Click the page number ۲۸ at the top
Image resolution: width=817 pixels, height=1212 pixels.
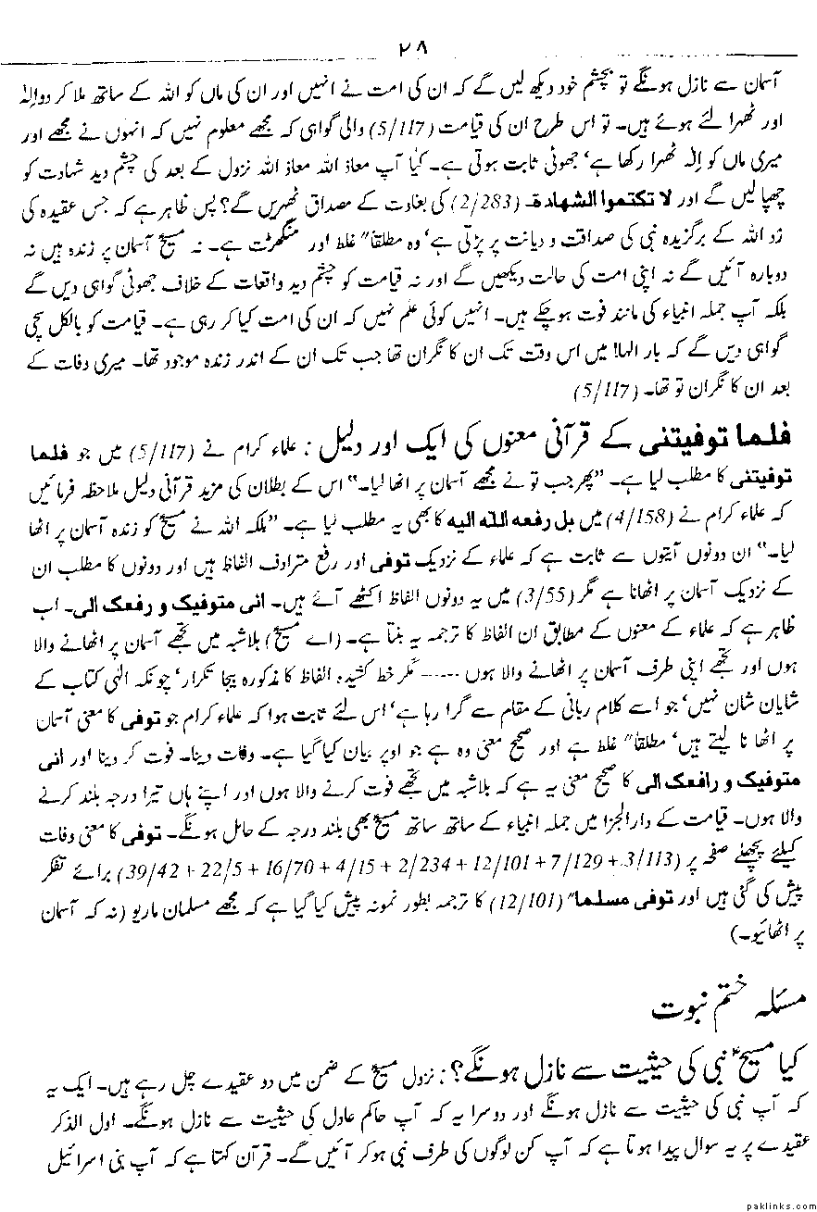pos(408,47)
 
